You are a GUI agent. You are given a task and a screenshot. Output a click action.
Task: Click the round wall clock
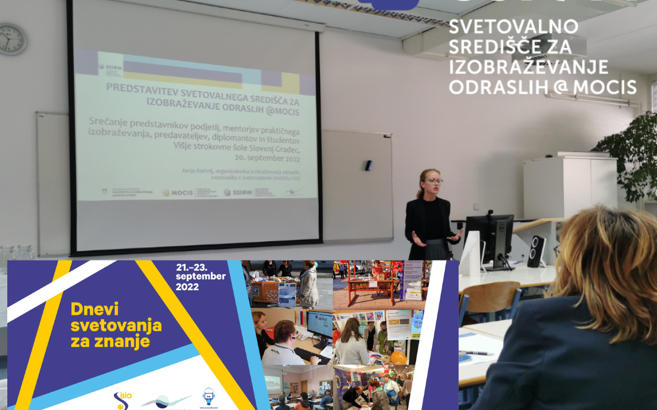[12, 39]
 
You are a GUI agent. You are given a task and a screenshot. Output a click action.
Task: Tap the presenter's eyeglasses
[434, 181]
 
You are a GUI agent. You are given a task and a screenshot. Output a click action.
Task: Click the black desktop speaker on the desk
[537, 250]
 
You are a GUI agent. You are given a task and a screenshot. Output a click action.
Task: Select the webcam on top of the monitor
[489, 213]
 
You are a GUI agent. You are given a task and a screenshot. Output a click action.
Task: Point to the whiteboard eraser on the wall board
[368, 165]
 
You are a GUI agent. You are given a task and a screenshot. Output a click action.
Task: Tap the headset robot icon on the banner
[208, 396]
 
